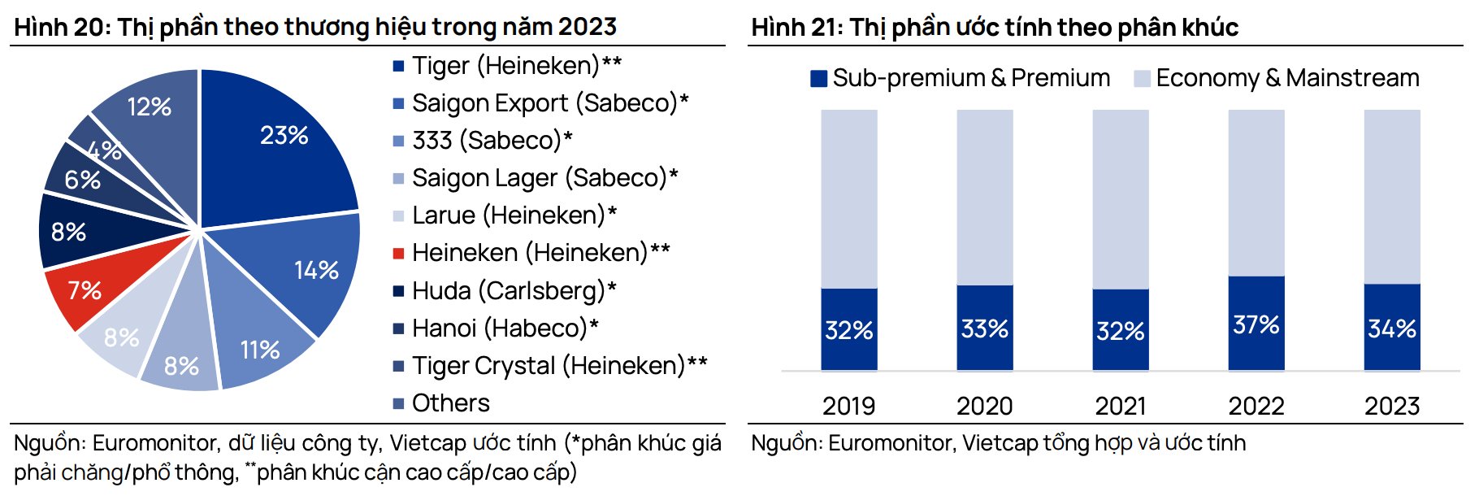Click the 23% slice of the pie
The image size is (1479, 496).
point(276,146)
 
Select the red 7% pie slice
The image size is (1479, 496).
point(89,289)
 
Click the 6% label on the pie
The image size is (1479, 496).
point(83,180)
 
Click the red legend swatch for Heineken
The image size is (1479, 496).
point(398,253)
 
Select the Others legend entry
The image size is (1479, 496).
point(450,402)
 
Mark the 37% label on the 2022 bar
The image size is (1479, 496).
point(1256,325)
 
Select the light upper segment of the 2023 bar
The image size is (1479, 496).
point(1391,195)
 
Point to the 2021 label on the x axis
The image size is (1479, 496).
point(1120,405)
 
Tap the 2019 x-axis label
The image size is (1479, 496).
point(848,405)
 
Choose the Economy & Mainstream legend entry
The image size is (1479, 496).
point(1286,78)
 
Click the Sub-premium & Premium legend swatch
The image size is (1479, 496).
point(818,78)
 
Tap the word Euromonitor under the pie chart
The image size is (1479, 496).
point(155,443)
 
